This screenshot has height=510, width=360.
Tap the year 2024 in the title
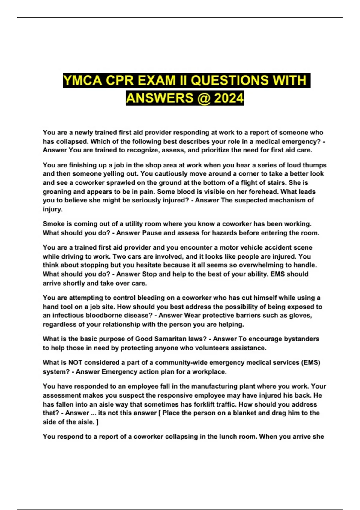(229, 98)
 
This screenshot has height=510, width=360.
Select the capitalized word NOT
(75, 362)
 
